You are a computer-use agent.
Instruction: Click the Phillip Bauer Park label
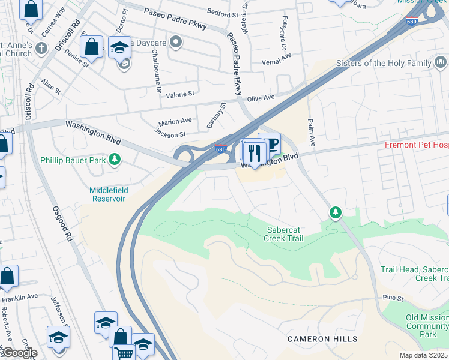73,160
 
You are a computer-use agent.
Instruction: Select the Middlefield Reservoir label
107,194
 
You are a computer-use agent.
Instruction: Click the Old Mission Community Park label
427,326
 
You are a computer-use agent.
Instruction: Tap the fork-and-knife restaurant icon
255,154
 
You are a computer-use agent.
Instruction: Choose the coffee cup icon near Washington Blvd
270,144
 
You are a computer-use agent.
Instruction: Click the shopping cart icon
124,353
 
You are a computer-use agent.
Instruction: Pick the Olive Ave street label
261,97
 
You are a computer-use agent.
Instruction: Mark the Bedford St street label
223,13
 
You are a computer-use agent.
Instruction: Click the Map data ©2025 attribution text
423,355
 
